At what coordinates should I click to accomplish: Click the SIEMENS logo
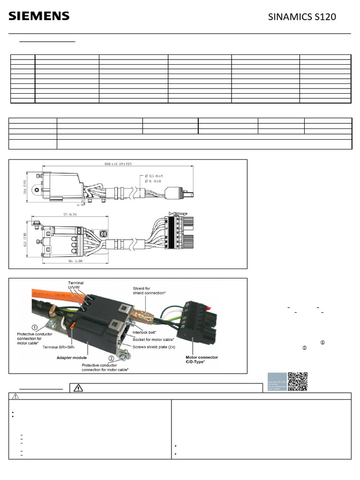click(39, 16)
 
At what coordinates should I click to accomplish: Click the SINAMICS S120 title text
click(302, 17)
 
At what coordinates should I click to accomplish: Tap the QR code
click(298, 382)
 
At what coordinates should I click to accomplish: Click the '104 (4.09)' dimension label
click(62, 261)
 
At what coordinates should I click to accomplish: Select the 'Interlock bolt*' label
click(146, 331)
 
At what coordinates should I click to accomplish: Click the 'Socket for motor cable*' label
click(153, 339)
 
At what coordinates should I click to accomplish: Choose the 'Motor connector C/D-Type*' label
click(202, 359)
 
